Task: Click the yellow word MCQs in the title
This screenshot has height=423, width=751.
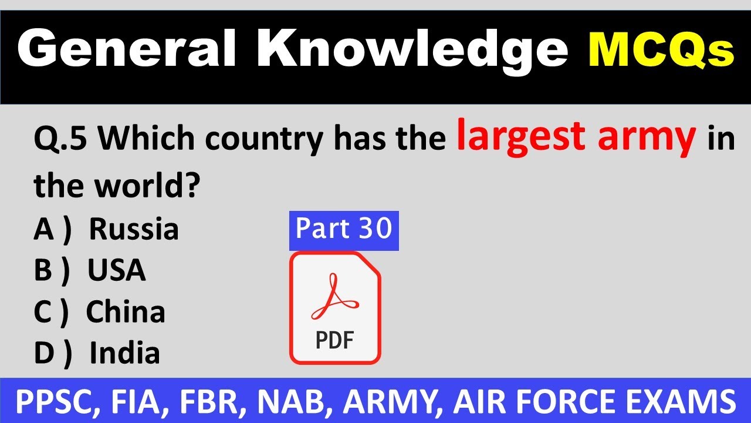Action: click(x=660, y=51)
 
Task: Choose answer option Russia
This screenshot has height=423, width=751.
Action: click(x=134, y=229)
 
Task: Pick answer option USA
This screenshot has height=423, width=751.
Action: click(x=117, y=270)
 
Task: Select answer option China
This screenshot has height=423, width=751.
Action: click(x=126, y=312)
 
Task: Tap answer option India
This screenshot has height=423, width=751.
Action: click(x=124, y=354)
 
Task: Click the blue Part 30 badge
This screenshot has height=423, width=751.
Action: click(x=344, y=230)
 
